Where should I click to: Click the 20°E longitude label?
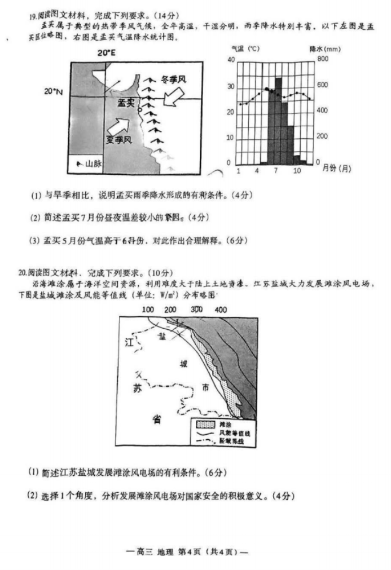click(x=105, y=52)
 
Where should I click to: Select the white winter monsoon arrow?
click(x=175, y=97)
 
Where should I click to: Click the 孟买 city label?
click(x=126, y=103)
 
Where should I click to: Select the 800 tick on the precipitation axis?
click(x=322, y=60)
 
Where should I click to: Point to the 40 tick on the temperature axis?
click(x=230, y=60)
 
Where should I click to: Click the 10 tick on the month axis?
click(x=296, y=170)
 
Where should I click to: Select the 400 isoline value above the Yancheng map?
click(x=221, y=310)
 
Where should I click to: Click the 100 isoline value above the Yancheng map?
click(x=148, y=310)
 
